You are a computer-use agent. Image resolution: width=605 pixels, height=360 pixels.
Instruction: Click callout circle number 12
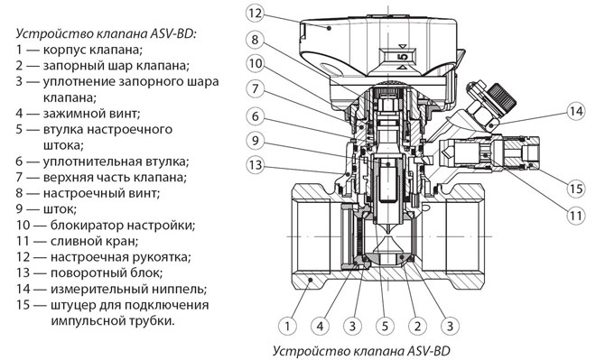[x=255, y=14]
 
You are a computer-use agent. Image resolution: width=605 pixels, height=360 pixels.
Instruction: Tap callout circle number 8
[x=255, y=40]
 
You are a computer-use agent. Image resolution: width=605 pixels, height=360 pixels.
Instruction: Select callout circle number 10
[x=255, y=63]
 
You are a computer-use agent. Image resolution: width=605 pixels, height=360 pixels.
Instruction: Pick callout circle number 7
[x=255, y=89]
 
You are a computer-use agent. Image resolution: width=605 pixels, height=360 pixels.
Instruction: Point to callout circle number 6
[x=255, y=116]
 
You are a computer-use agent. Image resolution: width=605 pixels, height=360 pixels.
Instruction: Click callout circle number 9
[x=255, y=141]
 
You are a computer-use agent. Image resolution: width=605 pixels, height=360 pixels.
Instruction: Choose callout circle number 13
[x=255, y=165]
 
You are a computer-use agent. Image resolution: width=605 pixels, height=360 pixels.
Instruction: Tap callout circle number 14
[x=576, y=112]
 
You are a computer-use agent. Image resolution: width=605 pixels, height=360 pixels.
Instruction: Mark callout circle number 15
[x=576, y=189]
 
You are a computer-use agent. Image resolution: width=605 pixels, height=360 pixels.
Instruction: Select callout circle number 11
[x=576, y=215]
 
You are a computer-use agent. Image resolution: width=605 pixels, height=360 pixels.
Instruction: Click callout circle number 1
[x=287, y=327]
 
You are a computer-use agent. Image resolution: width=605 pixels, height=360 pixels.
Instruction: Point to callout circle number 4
[x=321, y=327]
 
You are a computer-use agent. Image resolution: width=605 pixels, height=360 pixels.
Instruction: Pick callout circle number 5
[x=385, y=327]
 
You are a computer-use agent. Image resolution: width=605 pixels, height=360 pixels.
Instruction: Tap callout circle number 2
[x=417, y=327]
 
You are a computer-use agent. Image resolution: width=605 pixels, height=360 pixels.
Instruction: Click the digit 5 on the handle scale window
[x=403, y=57]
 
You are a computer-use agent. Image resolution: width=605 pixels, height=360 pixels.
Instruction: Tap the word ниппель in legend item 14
[x=181, y=289]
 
